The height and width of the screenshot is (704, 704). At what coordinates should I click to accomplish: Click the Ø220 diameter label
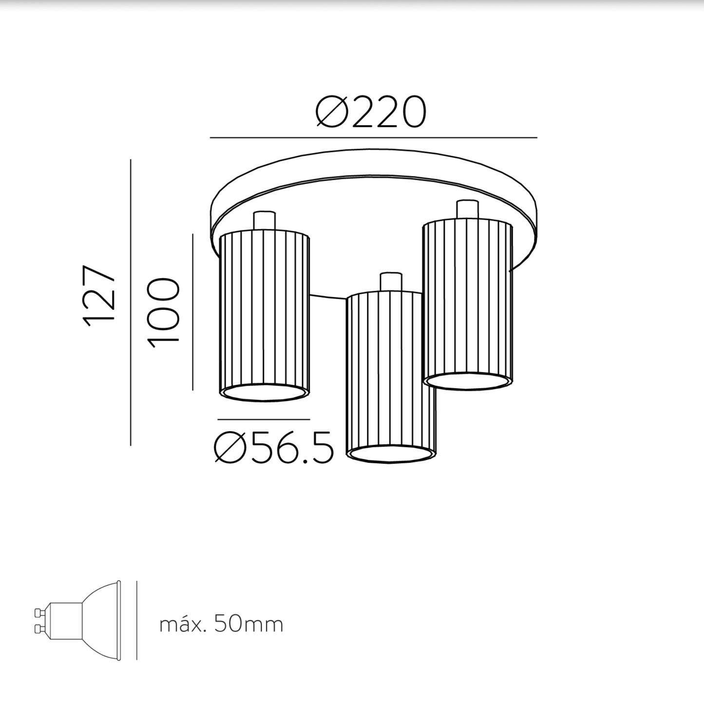(x=371, y=112)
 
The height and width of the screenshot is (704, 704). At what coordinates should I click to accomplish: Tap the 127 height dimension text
(x=99, y=296)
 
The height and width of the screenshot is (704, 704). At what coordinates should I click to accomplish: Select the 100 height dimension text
(x=163, y=312)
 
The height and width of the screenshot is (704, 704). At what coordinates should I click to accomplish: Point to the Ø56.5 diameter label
(x=274, y=447)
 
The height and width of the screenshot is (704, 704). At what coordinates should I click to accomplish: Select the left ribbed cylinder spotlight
(x=264, y=316)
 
